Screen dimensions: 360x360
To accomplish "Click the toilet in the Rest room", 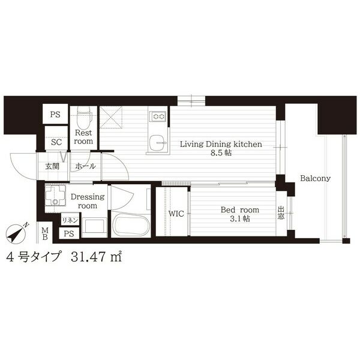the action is coord(85,117).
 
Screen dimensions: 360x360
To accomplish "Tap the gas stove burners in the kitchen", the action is coord(157,116).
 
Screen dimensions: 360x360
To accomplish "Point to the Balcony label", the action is coord(315,178).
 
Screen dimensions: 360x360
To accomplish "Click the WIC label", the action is coord(176,214).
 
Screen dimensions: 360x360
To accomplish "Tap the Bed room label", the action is coord(239,209).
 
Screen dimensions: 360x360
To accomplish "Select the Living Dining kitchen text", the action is coord(221,144).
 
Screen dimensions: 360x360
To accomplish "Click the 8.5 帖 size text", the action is coord(221,152).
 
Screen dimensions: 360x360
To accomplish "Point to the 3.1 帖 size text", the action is coord(239,219).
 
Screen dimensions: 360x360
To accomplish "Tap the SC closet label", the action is coord(56,142).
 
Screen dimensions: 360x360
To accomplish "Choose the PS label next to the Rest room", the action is coord(55,115).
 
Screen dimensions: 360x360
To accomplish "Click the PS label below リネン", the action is coord(69,234).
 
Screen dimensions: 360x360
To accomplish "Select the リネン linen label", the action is coord(70,221).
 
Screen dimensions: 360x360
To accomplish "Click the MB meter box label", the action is coord(45,233).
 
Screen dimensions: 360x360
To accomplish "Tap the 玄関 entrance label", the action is coord(52,166).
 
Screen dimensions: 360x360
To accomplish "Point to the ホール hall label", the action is coord(85,166).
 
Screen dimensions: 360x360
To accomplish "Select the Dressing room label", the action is coord(88,201).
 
